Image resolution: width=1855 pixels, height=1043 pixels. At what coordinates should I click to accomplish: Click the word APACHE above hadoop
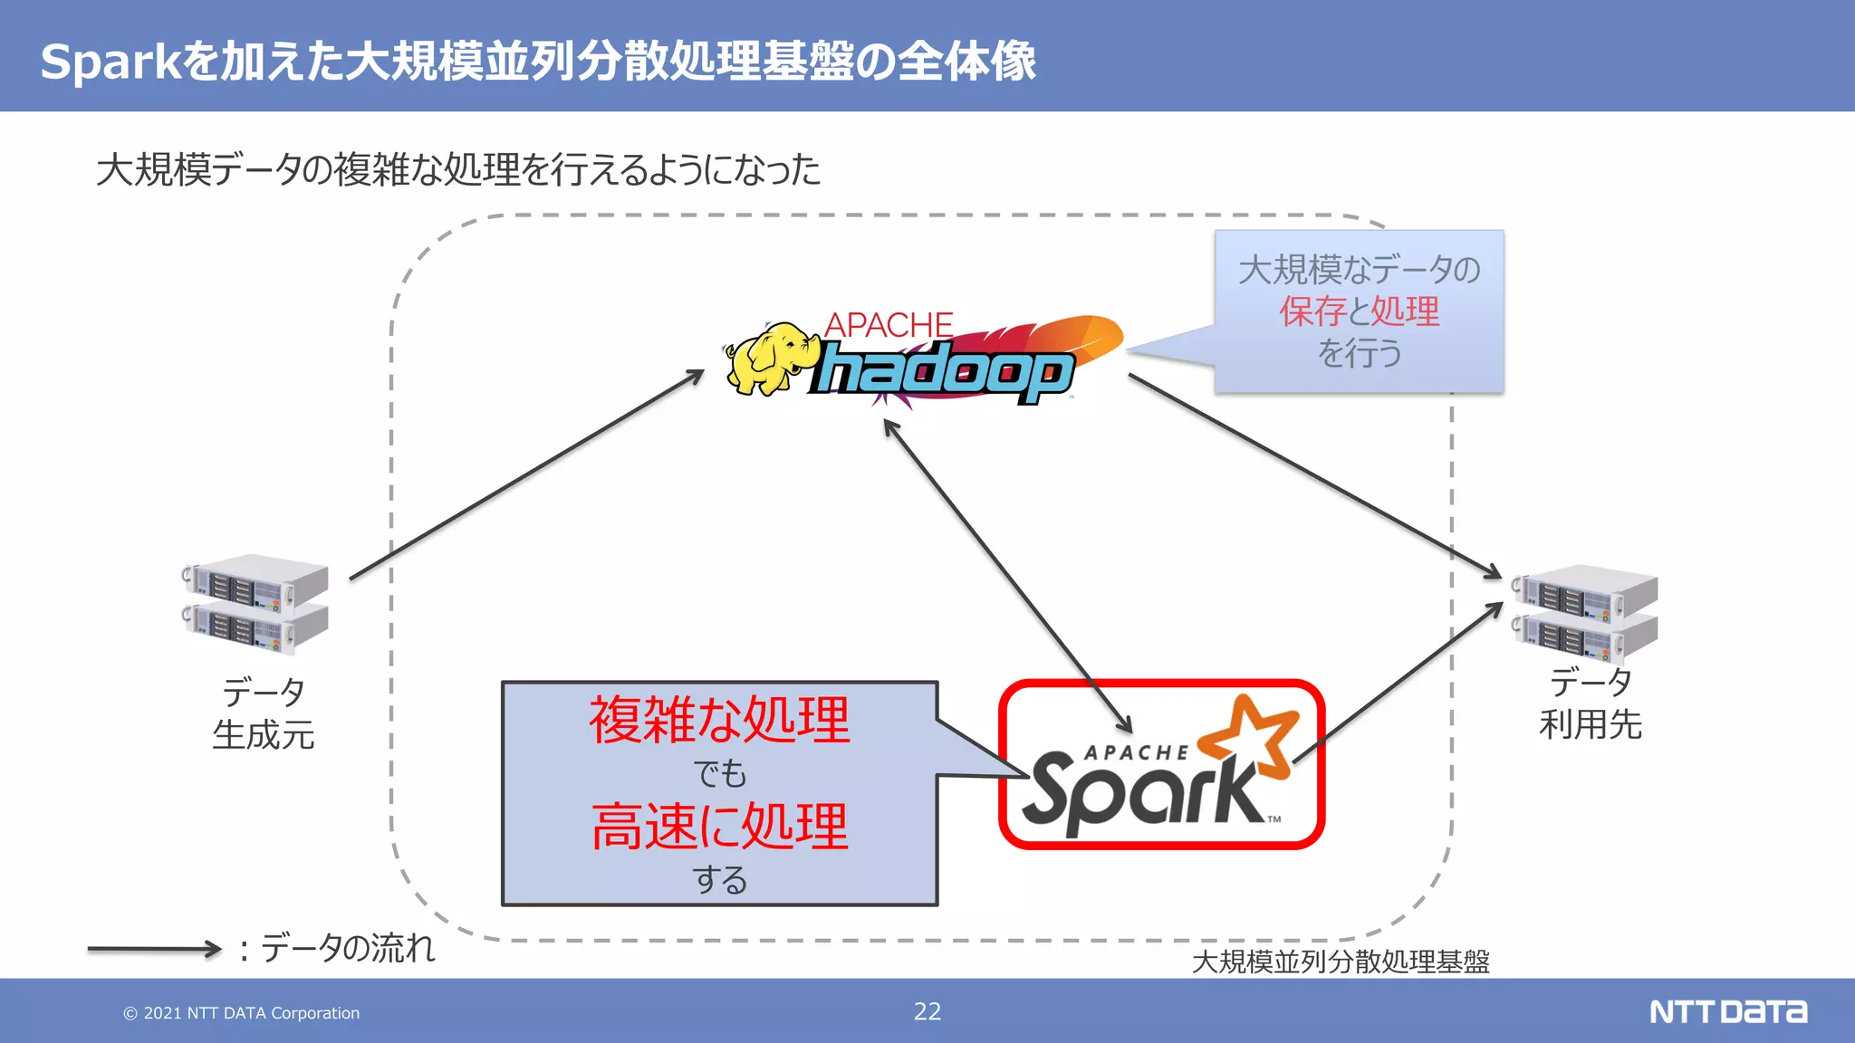(x=889, y=325)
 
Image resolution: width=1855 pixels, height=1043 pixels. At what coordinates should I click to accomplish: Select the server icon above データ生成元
(x=255, y=604)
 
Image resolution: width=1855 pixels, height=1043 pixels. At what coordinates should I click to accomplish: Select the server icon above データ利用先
(x=1585, y=613)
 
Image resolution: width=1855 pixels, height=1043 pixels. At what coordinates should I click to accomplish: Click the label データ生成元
(x=264, y=714)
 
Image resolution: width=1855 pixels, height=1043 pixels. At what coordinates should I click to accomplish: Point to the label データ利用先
(x=1591, y=703)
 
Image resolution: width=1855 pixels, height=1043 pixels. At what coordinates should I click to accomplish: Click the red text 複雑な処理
(x=720, y=721)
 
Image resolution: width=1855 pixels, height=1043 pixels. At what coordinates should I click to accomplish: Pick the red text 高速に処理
(x=720, y=827)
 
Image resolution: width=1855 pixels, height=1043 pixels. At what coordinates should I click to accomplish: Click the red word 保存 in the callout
(x=1312, y=311)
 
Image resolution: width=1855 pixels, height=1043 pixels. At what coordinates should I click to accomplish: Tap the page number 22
(x=927, y=1011)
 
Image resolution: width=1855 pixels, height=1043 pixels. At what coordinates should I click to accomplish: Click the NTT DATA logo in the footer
(x=1728, y=1011)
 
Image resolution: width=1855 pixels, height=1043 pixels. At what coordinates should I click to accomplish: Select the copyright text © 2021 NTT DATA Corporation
(x=242, y=1013)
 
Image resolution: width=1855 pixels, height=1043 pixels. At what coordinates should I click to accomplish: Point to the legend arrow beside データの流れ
(x=154, y=949)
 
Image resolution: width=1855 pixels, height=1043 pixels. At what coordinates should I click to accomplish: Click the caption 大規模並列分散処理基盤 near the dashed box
(x=1341, y=962)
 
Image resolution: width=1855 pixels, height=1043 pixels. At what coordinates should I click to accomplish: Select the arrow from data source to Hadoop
(x=525, y=475)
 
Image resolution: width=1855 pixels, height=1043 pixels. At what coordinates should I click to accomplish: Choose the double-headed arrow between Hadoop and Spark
(x=1007, y=576)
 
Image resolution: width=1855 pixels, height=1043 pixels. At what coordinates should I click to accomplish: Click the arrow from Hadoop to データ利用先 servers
(x=1313, y=475)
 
